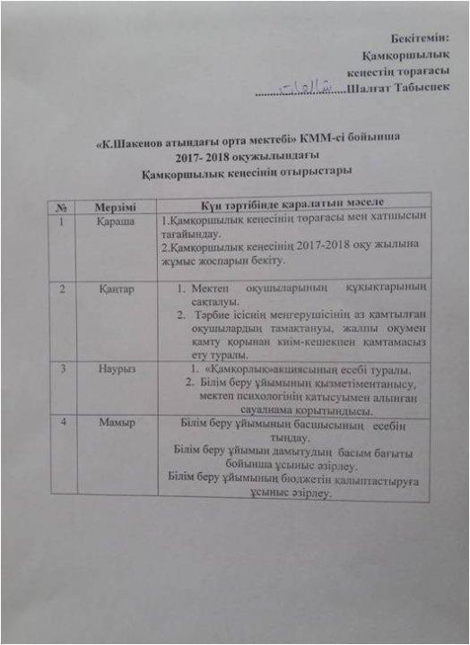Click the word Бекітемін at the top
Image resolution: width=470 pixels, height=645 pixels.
coord(420,38)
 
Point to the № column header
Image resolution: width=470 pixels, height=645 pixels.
coord(62,206)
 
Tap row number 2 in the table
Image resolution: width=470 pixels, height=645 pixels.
coord(62,289)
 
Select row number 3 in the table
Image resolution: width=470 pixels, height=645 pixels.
coord(63,367)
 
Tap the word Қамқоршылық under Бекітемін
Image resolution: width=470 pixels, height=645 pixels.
coord(409,55)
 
